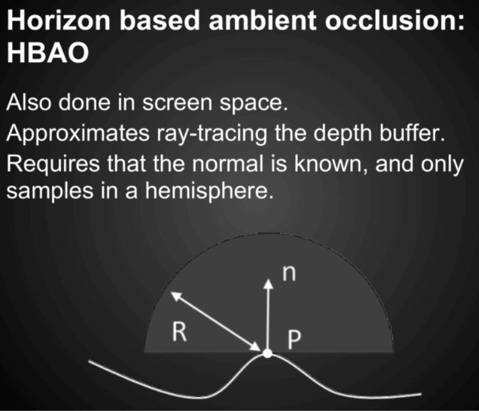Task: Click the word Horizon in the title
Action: click(x=59, y=20)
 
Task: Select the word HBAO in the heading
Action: click(x=48, y=52)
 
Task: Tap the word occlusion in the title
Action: click(x=395, y=20)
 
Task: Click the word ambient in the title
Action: click(x=262, y=20)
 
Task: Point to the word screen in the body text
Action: click(x=177, y=102)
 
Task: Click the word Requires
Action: click(x=53, y=163)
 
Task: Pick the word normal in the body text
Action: click(x=227, y=163)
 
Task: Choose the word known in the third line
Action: click(x=331, y=164)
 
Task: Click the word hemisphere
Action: click(x=209, y=191)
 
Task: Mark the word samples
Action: click(x=50, y=191)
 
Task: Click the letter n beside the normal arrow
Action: click(x=289, y=273)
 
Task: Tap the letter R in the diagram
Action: click(x=179, y=332)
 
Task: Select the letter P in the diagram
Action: click(x=295, y=339)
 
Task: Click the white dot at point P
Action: click(x=268, y=354)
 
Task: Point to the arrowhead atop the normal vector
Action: click(x=268, y=284)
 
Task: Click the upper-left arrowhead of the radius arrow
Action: click(x=176, y=296)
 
